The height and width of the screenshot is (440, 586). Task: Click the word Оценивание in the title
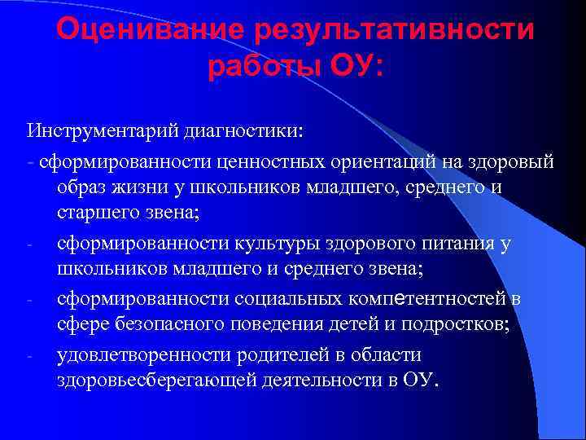coord(150,31)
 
